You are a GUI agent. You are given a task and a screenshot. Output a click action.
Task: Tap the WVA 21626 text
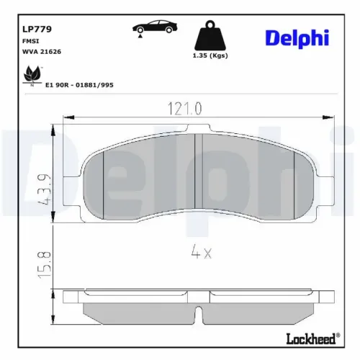pos(42,53)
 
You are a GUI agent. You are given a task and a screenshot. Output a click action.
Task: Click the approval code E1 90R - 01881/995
pos(80,84)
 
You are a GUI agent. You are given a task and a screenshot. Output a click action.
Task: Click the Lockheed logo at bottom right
pos(313,338)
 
